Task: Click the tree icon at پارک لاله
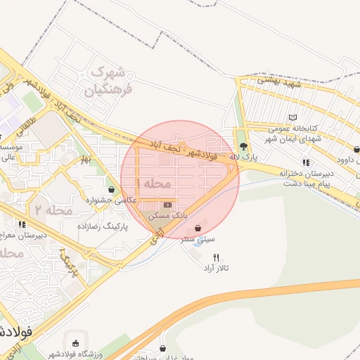tap(243, 147)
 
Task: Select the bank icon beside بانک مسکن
tap(167, 205)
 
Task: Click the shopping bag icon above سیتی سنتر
tap(199, 229)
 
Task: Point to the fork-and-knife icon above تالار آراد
tap(216, 257)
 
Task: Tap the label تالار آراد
tap(217, 269)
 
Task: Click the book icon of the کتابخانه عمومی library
tap(293, 117)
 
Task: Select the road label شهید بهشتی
tap(278, 82)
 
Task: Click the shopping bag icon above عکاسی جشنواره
tap(111, 189)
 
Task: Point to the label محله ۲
tap(53, 210)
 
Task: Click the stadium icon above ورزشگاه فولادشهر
tap(75, 343)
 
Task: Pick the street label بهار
tap(86, 159)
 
